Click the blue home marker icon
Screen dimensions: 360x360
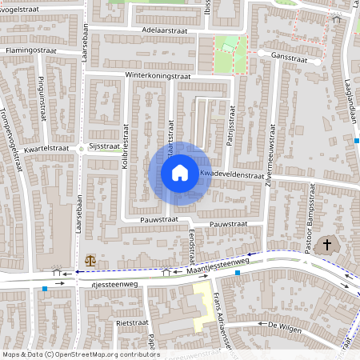[180, 172]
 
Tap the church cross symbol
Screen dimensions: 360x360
[326, 245]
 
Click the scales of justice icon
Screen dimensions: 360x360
[90, 260]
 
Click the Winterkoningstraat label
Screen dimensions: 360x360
[158, 76]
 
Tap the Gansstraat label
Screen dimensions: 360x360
[290, 57]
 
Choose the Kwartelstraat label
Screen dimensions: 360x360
[46, 148]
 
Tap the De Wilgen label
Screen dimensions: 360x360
[283, 325]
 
